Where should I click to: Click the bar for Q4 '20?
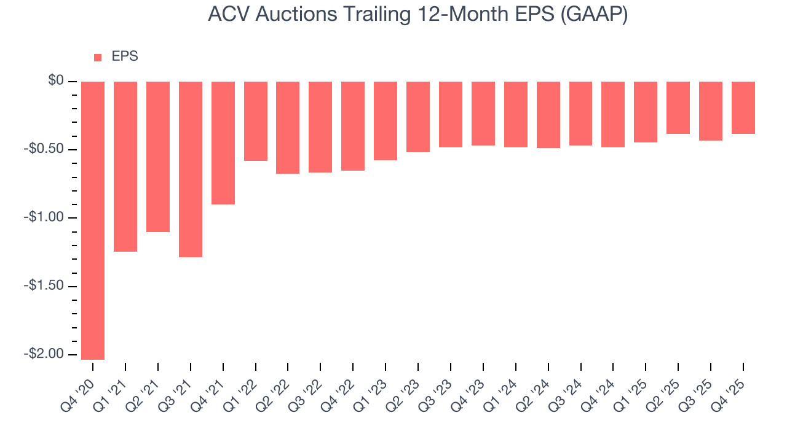point(93,220)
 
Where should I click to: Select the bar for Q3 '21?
point(191,169)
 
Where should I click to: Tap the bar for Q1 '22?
point(256,121)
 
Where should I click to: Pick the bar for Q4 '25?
point(743,107)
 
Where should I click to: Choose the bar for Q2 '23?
point(418,117)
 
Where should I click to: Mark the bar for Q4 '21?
point(223,143)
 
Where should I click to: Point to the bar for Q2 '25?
point(678,107)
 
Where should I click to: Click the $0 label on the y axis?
point(56,81)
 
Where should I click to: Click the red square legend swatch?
point(98,58)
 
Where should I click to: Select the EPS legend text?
point(125,56)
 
